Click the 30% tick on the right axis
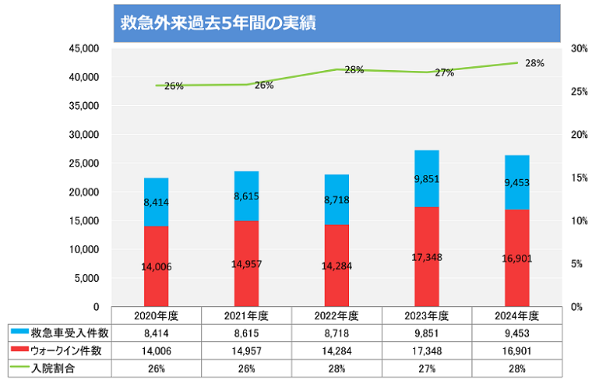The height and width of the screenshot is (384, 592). (x=578, y=48)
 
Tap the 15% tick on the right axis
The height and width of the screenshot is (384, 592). (x=578, y=178)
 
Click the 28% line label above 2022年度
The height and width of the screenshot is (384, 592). (x=354, y=70)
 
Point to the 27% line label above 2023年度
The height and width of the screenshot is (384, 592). (x=444, y=72)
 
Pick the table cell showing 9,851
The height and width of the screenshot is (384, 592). (x=427, y=333)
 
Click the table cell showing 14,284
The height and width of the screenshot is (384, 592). (x=337, y=351)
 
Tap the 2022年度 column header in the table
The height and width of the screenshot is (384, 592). (x=337, y=316)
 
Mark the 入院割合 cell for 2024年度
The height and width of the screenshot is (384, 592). (x=517, y=368)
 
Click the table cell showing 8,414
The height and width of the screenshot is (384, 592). (x=156, y=333)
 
